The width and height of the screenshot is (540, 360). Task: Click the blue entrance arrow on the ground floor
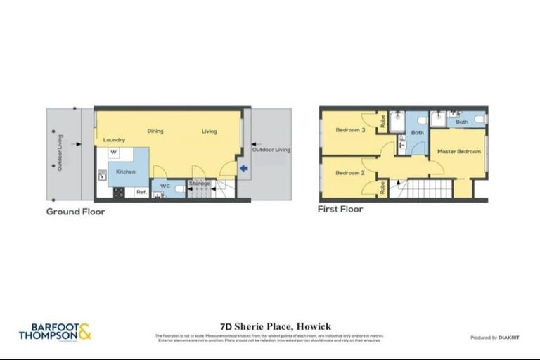tap(244, 168)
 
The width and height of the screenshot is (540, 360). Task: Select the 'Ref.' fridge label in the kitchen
tap(141, 192)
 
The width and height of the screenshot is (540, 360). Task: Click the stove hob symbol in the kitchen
tap(117, 191)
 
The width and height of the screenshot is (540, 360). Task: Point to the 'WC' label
tap(165, 186)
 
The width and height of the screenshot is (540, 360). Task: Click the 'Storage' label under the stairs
tap(200, 184)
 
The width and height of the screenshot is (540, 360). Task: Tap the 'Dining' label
tap(155, 131)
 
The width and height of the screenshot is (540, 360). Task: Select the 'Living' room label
tap(209, 131)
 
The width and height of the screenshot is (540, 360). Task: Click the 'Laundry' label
tap(114, 140)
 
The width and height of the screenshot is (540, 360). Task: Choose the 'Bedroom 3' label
tap(350, 130)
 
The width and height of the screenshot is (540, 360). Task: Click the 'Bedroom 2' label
tap(350, 173)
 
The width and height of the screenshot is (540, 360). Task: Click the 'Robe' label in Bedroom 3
tap(382, 122)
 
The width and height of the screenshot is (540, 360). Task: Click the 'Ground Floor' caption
tap(75, 211)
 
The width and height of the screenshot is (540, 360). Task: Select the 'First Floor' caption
tap(340, 209)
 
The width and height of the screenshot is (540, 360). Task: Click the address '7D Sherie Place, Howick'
tap(269, 326)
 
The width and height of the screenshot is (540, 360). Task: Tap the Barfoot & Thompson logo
tap(55, 331)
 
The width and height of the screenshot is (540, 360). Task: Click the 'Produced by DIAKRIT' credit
tap(496, 338)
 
